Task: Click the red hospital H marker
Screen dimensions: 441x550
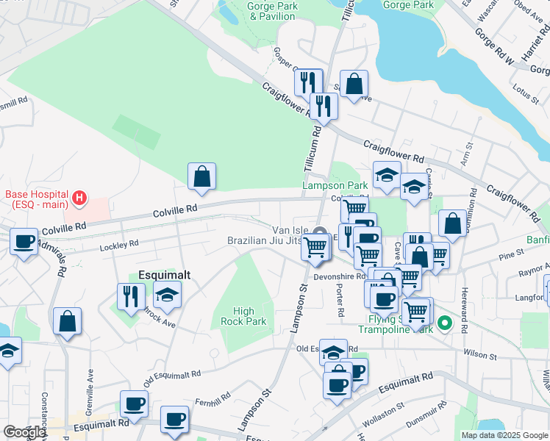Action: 79,198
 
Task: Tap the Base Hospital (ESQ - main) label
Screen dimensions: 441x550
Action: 36,199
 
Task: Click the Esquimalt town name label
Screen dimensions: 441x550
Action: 162,275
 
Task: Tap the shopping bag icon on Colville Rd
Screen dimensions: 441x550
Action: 201,177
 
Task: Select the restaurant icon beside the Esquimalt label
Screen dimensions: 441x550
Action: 131,297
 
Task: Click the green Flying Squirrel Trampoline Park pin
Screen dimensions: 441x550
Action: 444,323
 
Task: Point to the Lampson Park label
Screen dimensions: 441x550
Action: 335,186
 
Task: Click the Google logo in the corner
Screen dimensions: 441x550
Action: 24,432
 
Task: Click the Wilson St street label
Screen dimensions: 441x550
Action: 481,354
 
